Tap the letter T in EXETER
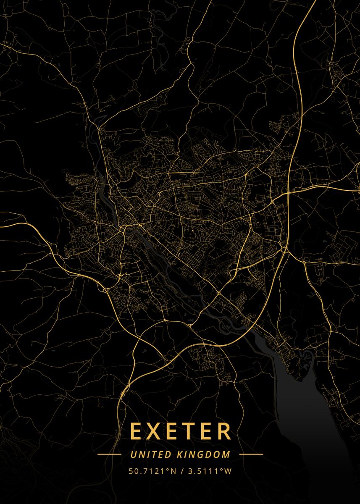(x=192, y=431)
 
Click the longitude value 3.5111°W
(x=208, y=471)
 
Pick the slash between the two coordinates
(x=181, y=471)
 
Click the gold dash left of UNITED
(x=109, y=454)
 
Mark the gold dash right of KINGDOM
(x=251, y=454)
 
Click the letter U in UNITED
(x=133, y=454)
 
